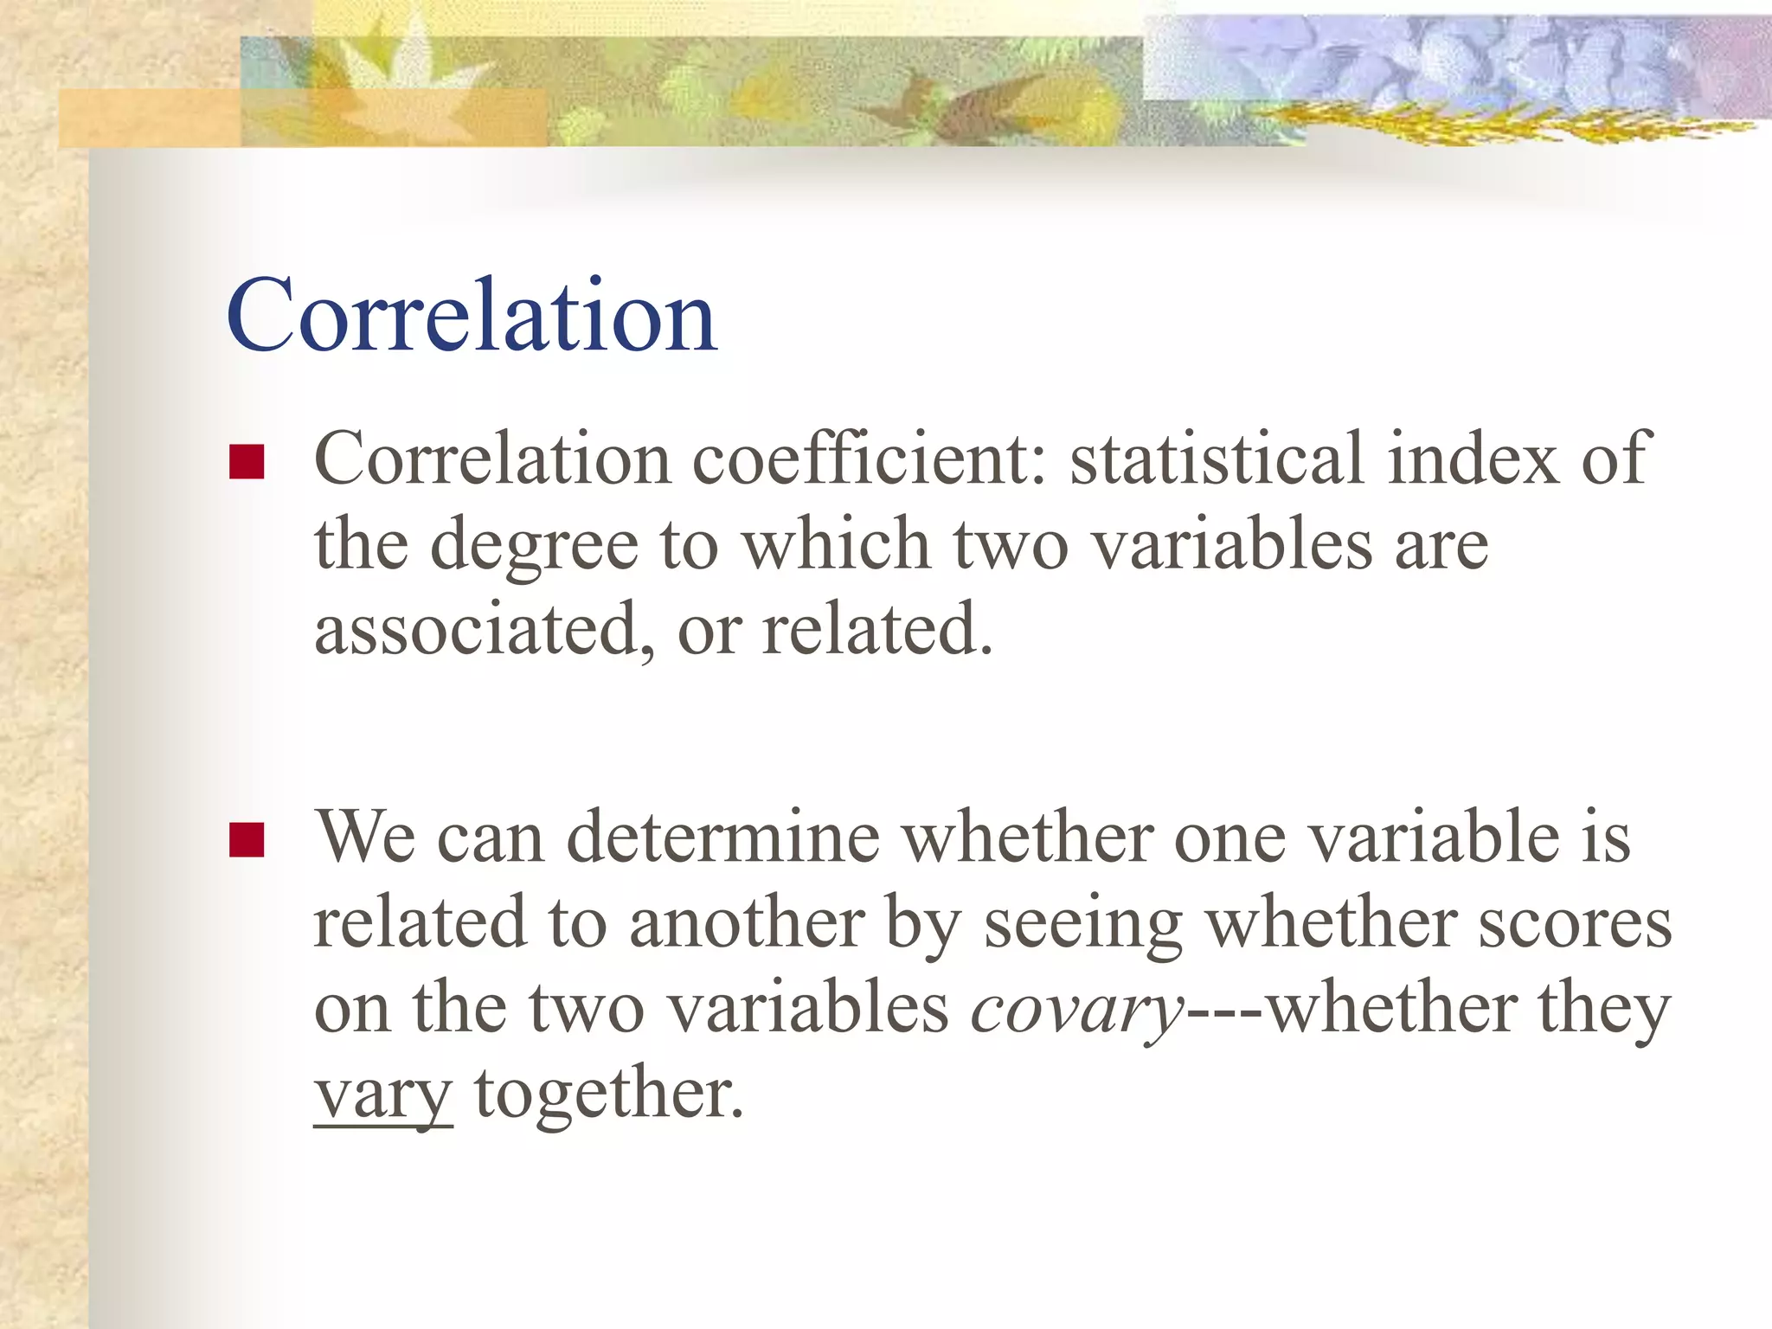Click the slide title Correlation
pos(472,316)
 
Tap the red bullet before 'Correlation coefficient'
pos(247,462)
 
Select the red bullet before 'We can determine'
pos(247,839)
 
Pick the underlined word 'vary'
pos(383,1095)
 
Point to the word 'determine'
pos(723,838)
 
